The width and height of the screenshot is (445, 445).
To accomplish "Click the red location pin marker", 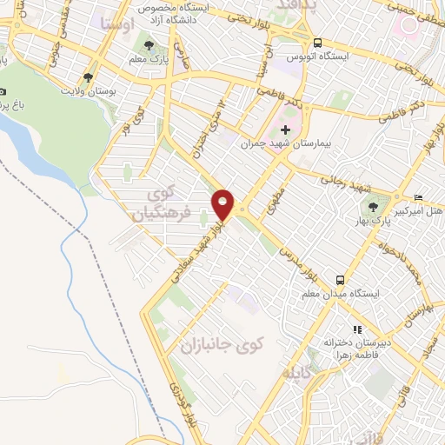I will tap(223, 203).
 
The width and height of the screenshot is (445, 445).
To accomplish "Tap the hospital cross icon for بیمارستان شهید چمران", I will tap(286, 130).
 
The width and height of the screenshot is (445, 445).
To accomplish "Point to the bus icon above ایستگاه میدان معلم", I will tap(340, 280).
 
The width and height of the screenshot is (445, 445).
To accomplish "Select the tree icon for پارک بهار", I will tap(374, 207).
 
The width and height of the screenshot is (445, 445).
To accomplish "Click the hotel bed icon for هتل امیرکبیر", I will tap(420, 196).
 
